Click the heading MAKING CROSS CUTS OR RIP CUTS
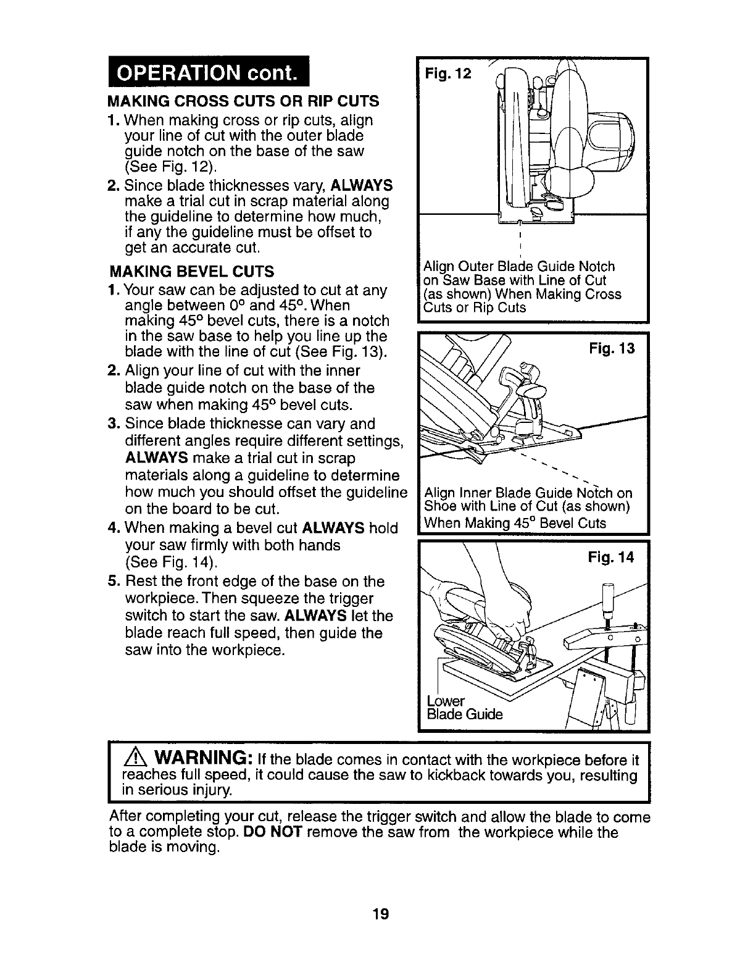click(x=243, y=101)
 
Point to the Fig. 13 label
click(x=610, y=349)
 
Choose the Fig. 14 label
click(x=610, y=558)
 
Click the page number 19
click(x=379, y=914)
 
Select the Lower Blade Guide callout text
click(x=464, y=708)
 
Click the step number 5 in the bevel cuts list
click(x=112, y=582)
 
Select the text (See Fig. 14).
click(x=171, y=562)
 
